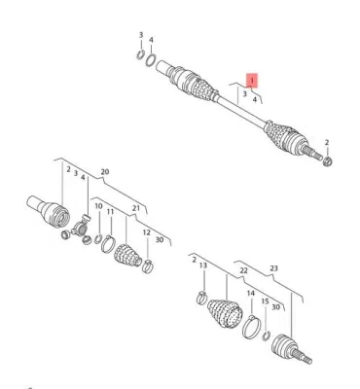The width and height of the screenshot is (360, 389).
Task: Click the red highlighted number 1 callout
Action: click(252, 80)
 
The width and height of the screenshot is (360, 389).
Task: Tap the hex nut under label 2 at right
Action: click(327, 160)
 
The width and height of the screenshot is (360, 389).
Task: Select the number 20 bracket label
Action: click(105, 172)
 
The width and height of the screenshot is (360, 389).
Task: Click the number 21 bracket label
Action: click(136, 208)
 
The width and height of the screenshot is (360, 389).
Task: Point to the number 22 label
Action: click(243, 270)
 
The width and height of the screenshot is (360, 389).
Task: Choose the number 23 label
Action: click(273, 268)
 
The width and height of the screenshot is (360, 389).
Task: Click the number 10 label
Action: click(98, 206)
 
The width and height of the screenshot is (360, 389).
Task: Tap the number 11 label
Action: click(111, 212)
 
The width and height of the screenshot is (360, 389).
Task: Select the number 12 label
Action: click(147, 232)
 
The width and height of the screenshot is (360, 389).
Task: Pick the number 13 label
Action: click(203, 265)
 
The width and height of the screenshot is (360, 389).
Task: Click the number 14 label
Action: click(251, 294)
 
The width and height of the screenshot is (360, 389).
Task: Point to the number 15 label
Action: click(265, 301)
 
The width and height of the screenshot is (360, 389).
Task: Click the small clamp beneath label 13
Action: click(201, 298)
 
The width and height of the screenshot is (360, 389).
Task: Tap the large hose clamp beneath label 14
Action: click(250, 327)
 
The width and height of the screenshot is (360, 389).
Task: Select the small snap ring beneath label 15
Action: click(267, 336)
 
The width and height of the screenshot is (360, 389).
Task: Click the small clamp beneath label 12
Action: click(148, 266)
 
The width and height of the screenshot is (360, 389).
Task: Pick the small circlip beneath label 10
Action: click(98, 239)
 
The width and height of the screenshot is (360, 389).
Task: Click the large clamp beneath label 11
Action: click(108, 244)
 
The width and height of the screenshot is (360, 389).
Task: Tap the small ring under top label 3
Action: click(140, 55)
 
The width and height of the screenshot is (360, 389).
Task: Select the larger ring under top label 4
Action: click(151, 60)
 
